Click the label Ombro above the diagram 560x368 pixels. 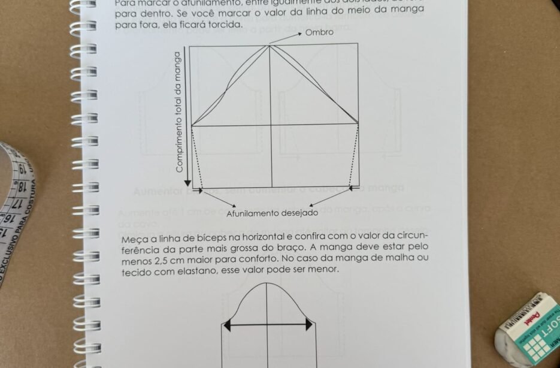[319, 32]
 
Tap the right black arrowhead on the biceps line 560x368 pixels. [309, 325]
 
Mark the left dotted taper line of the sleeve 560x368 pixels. [196, 158]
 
